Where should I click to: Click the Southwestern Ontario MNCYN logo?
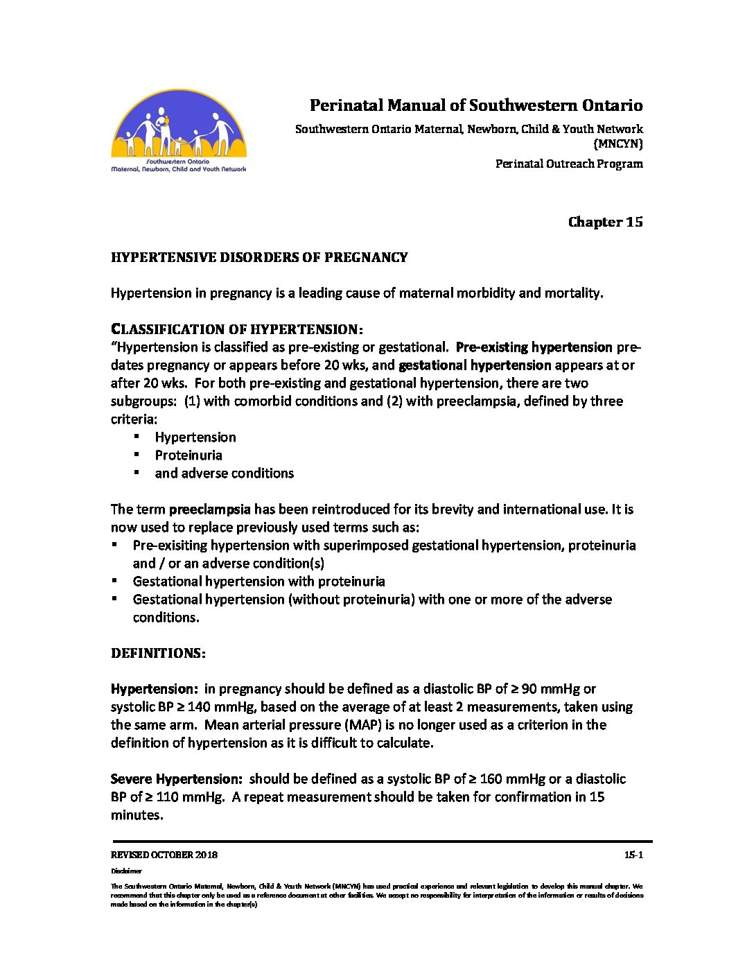tap(179, 130)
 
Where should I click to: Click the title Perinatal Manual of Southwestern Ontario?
tap(475, 105)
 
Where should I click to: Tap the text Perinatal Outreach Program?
tap(568, 164)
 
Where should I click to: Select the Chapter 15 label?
tap(605, 222)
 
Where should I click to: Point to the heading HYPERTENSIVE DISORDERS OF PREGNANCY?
tap(259, 257)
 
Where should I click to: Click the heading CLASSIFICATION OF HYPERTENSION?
tap(237, 329)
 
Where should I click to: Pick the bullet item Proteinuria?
tap(188, 455)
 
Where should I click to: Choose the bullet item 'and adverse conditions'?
tap(224, 473)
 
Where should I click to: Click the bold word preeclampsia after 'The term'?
tap(209, 509)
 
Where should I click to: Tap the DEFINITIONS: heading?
tap(158, 653)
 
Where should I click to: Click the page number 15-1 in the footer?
tap(633, 855)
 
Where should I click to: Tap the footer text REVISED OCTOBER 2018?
tap(164, 855)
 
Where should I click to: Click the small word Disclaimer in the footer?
tap(126, 871)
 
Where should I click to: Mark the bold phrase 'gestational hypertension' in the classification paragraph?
tap(475, 365)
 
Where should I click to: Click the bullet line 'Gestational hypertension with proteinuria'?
tap(258, 581)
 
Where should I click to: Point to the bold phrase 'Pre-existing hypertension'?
tap(534, 347)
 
